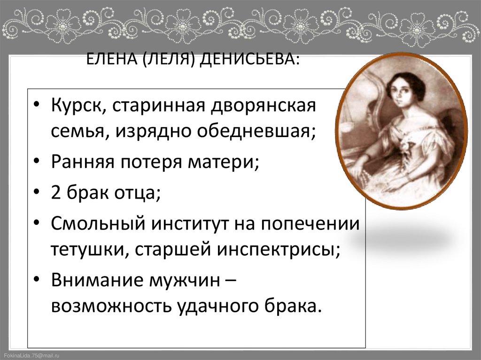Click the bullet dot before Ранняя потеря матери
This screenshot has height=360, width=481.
(38, 163)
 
